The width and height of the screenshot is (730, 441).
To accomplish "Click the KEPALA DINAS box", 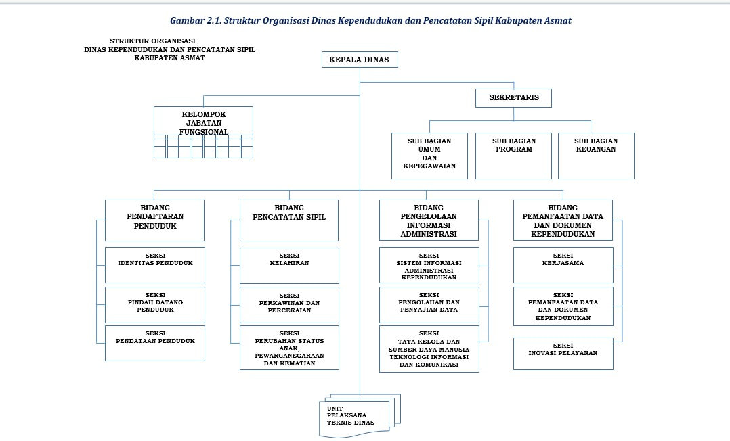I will tap(359, 60).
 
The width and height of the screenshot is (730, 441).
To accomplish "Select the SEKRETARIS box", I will tap(514, 98).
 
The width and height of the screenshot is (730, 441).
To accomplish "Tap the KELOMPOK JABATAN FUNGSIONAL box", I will tap(203, 123).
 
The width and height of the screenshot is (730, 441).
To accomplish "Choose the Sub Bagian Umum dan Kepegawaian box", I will tap(429, 156).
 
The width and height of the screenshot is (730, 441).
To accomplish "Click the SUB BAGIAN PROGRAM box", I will tap(514, 156).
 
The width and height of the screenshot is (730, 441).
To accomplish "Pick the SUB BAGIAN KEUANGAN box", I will tap(596, 156).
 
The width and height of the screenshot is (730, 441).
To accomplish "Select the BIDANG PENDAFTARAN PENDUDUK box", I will tap(154, 220).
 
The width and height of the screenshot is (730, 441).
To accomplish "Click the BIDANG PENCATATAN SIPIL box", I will tap(289, 220).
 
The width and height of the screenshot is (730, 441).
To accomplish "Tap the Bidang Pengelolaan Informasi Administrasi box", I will tap(429, 220).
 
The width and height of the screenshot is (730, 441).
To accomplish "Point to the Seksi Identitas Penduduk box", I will tap(154, 265).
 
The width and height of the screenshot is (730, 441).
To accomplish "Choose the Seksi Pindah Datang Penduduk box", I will tap(154, 305).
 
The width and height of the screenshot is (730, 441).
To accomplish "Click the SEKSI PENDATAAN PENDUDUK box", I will tap(154, 343).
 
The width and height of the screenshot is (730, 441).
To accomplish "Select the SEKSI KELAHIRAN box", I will tap(289, 265).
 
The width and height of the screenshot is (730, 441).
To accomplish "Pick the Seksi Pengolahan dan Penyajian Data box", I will tap(429, 305).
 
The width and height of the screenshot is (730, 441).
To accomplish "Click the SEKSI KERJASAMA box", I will tap(563, 264).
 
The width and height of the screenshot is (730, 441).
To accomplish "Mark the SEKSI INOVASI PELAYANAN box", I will tap(563, 354).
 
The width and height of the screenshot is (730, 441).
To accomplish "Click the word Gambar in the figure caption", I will tap(186, 20).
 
